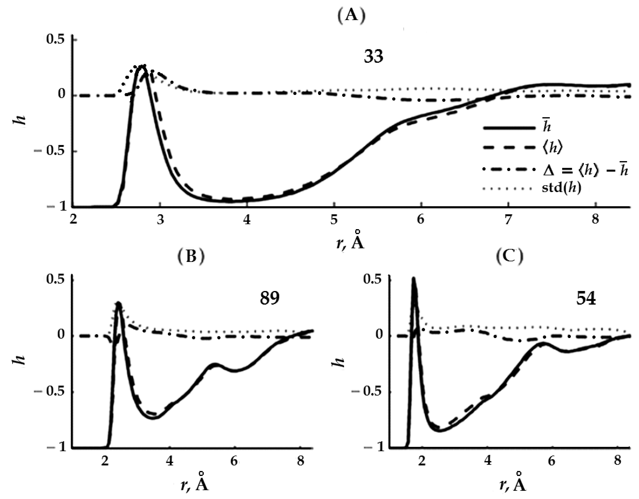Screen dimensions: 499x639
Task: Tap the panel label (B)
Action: pos(191,256)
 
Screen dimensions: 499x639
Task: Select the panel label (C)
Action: pos(510,256)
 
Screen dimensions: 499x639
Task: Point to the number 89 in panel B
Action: pos(269,298)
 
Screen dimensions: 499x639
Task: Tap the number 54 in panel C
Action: pos(586,299)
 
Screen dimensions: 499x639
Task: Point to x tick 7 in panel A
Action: pos(508,219)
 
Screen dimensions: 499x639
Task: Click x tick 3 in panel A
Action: pos(160,219)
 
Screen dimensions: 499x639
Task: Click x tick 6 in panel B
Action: pos(234,461)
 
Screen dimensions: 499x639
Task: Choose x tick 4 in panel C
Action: pos(487,461)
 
